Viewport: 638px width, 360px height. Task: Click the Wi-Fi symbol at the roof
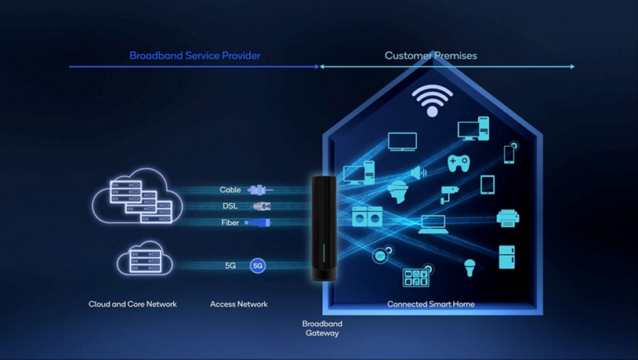[x=432, y=100]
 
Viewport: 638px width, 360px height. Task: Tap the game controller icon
[x=459, y=163]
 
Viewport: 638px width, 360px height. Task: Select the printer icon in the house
[x=507, y=217]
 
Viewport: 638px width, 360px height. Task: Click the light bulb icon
[x=469, y=267]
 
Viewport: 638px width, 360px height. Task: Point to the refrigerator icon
[x=507, y=257]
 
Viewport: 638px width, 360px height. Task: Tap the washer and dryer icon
[x=367, y=216]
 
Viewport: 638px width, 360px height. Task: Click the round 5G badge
[x=257, y=266]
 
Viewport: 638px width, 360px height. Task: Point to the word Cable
[x=230, y=190]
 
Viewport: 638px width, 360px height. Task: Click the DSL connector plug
[x=261, y=206]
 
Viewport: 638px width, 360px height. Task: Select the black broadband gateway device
[x=324, y=228]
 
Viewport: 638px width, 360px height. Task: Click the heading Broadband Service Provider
[x=195, y=56]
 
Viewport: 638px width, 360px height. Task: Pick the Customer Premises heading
[x=430, y=56]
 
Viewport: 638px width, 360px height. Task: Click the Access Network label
[x=239, y=304]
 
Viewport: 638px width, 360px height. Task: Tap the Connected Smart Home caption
[x=431, y=304]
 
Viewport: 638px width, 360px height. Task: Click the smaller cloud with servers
[x=145, y=260]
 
